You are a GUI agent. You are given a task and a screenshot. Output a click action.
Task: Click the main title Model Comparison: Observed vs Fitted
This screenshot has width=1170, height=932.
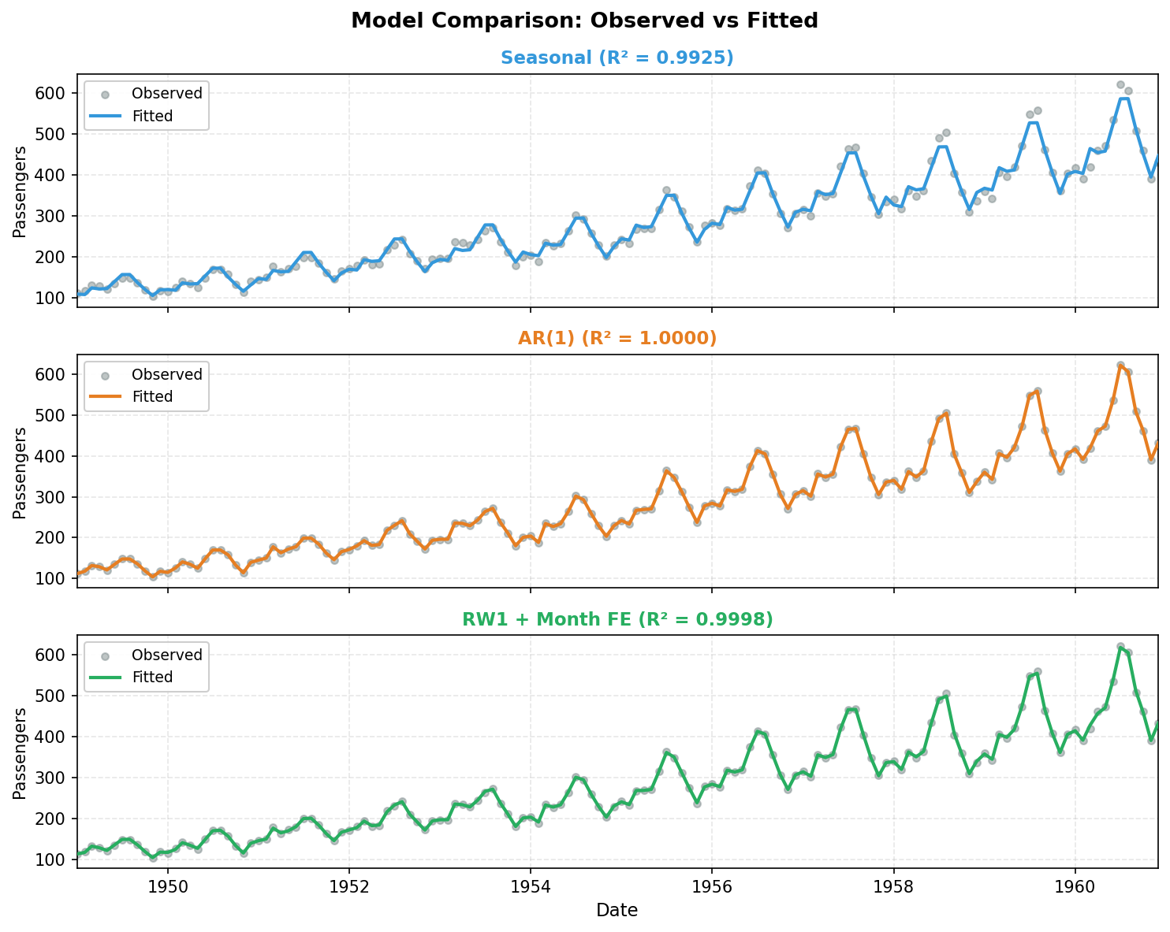pyautogui.click(x=584, y=21)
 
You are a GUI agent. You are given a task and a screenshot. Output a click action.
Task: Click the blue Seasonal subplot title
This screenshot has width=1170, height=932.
pyautogui.click(x=617, y=58)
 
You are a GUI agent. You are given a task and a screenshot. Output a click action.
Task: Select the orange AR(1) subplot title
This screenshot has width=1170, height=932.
pyautogui.click(x=617, y=338)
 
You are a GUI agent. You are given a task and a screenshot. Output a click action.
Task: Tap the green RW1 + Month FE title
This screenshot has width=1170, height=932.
pyautogui.click(x=617, y=620)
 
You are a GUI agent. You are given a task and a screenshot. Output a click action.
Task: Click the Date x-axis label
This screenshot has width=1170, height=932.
pyautogui.click(x=617, y=911)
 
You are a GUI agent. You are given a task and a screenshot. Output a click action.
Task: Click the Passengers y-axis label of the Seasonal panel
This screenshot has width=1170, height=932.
pyautogui.click(x=20, y=191)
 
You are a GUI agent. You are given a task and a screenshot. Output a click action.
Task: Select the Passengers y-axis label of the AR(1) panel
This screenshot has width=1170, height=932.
pyautogui.click(x=20, y=472)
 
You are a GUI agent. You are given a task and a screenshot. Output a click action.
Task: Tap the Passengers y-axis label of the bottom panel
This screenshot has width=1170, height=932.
pyautogui.click(x=20, y=753)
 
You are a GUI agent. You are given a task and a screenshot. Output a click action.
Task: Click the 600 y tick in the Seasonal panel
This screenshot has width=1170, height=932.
pyautogui.click(x=55, y=93)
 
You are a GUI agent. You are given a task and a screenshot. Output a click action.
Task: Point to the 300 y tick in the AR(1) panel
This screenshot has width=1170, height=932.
pyautogui.click(x=55, y=497)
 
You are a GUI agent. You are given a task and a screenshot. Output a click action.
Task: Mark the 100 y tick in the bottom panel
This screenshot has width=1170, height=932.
pyautogui.click(x=55, y=860)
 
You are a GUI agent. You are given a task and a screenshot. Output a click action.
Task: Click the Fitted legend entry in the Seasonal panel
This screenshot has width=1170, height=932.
pyautogui.click(x=152, y=116)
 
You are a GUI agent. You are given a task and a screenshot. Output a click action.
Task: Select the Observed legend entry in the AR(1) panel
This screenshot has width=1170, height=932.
pyautogui.click(x=166, y=374)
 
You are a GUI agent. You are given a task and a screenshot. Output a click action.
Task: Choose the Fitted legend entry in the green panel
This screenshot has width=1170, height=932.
pyautogui.click(x=152, y=678)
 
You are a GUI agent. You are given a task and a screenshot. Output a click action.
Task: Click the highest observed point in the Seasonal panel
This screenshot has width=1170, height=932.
pyautogui.click(x=1120, y=84)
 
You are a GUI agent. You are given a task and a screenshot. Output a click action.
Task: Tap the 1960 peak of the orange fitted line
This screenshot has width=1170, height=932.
pyautogui.click(x=1120, y=366)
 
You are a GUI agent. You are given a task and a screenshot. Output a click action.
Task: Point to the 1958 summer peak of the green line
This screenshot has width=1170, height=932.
pyautogui.click(x=946, y=696)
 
